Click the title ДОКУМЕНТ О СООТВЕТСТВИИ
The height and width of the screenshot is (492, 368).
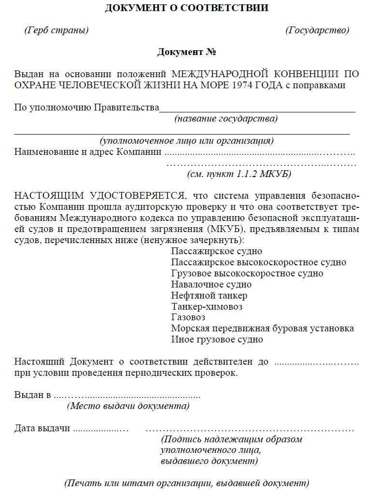186,8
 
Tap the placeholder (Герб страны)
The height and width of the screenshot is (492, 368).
57,30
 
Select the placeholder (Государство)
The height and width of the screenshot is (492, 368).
317,30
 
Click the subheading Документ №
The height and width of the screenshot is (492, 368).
186,52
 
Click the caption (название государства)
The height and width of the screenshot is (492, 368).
226,118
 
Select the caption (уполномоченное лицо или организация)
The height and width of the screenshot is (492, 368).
187,141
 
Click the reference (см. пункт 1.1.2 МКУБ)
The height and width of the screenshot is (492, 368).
239,174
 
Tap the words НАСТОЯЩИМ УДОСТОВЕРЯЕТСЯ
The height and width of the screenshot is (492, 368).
99,196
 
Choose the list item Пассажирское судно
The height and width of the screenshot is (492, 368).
217,251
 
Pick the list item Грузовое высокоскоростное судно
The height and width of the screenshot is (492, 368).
247,273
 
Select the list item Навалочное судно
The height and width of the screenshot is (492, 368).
211,285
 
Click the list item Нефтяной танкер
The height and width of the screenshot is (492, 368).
209,295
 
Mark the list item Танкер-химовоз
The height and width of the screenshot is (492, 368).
207,306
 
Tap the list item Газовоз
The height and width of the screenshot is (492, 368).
188,317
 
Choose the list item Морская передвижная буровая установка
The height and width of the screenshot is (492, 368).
263,328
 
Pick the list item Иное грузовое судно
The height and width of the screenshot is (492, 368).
217,340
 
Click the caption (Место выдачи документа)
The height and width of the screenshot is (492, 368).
128,406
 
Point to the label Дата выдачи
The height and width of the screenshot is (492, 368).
42,428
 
